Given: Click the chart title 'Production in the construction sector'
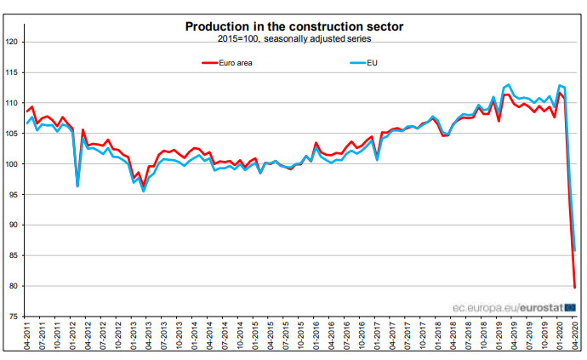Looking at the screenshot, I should (x=294, y=26).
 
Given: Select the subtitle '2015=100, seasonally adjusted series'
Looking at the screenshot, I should (x=293, y=38).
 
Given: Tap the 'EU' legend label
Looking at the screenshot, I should (x=372, y=62).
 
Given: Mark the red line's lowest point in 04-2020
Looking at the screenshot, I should (x=576, y=288).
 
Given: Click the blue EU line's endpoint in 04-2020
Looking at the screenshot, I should (x=576, y=250).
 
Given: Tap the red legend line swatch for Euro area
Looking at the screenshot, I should (x=211, y=62).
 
